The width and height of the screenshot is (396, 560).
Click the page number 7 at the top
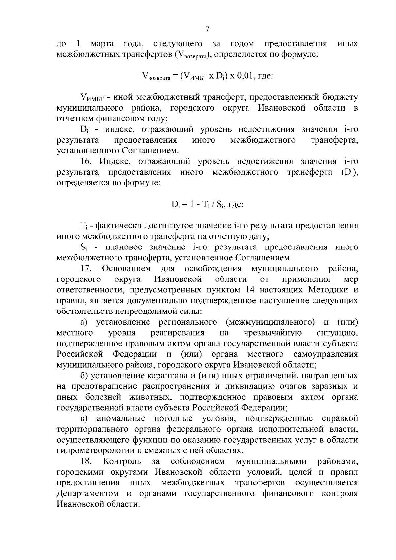point(207,29)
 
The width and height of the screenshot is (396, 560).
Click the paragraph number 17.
point(85,269)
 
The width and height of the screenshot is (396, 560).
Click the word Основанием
point(126,269)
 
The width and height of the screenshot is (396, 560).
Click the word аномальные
point(121,419)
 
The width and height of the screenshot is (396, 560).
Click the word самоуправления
point(325,354)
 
